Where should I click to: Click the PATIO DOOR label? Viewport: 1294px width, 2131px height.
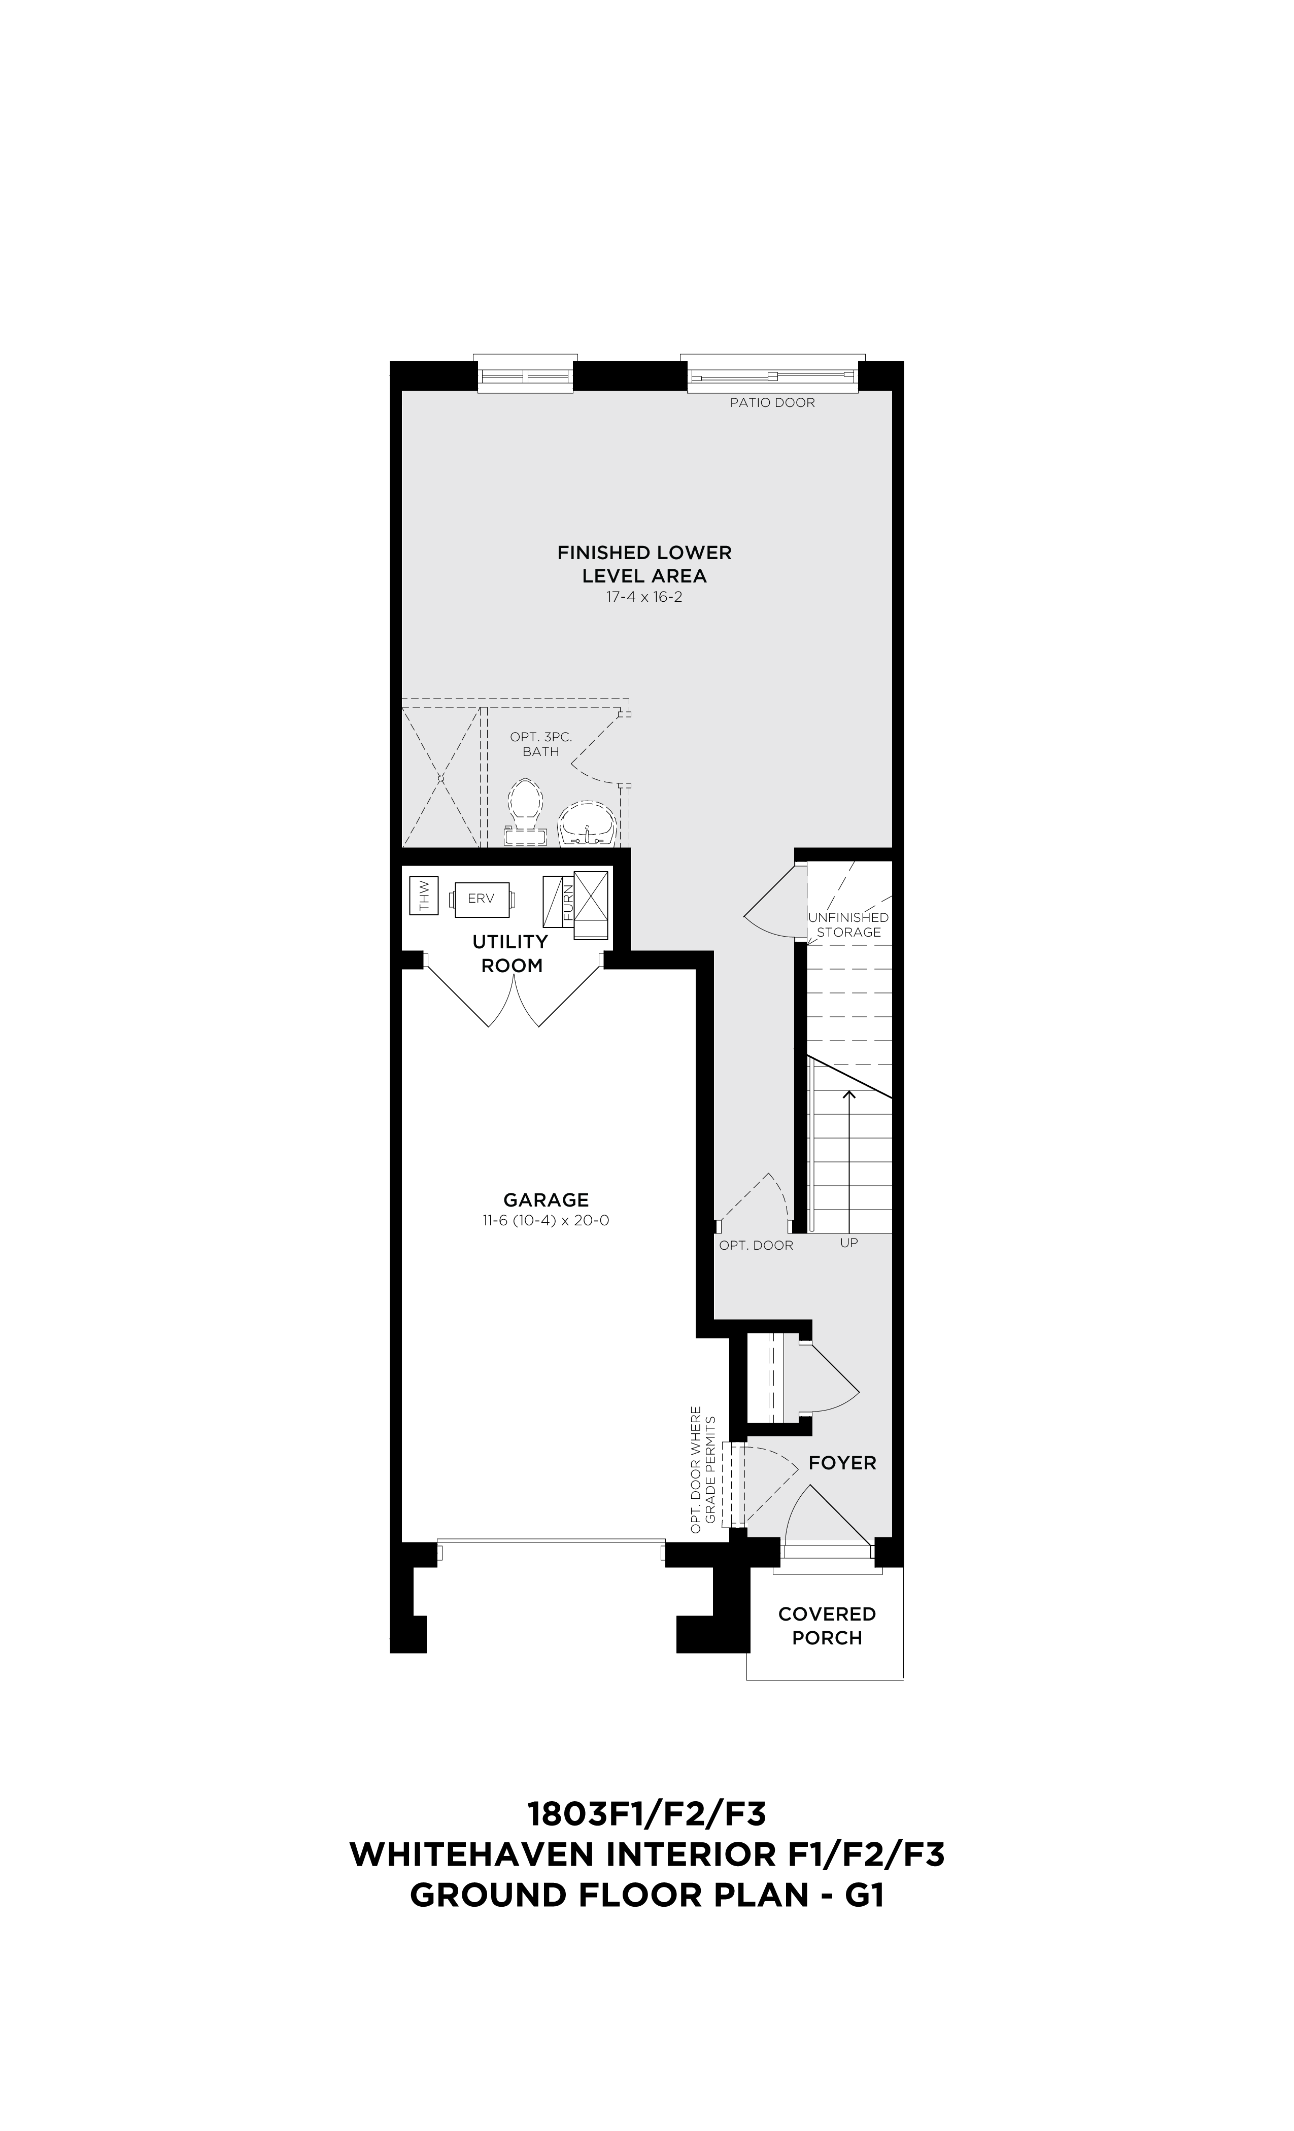(x=771, y=402)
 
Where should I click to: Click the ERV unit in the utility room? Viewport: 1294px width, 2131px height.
(x=481, y=899)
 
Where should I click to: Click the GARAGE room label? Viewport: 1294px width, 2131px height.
(x=546, y=1199)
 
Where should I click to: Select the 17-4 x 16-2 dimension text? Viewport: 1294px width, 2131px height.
(x=644, y=597)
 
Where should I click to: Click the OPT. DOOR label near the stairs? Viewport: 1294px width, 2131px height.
(x=756, y=1246)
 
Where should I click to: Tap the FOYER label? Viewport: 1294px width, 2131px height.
(x=842, y=1462)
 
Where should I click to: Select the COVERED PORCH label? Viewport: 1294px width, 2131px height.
(x=827, y=1626)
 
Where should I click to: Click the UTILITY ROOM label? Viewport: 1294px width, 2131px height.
(x=511, y=953)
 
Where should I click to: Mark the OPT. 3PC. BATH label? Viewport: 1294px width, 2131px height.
(x=540, y=744)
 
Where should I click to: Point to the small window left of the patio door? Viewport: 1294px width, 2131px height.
(x=525, y=375)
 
